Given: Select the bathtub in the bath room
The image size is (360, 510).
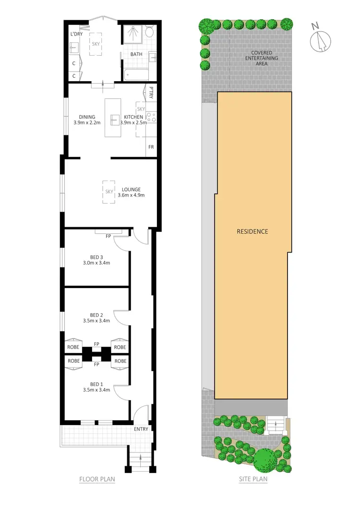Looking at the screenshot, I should [136, 75].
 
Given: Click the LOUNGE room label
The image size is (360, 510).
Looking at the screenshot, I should [131, 189].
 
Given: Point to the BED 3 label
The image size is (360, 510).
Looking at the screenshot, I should [96, 256].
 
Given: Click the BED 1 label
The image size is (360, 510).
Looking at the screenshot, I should [96, 384].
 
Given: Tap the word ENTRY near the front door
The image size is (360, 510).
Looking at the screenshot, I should [141, 429].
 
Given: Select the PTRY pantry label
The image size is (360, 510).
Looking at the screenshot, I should [151, 92].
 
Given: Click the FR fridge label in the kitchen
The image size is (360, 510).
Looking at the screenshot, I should [151, 147].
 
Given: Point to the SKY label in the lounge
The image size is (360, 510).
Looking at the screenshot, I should [109, 191].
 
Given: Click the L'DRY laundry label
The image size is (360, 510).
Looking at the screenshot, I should [76, 34].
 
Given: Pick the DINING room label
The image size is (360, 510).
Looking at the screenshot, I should [87, 117].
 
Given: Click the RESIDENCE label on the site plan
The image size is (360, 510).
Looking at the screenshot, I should [252, 231].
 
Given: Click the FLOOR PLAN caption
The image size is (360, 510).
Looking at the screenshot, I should [97, 479].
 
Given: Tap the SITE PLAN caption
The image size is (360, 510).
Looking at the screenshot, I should [253, 479].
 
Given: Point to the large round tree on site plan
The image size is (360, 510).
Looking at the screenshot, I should [266, 460].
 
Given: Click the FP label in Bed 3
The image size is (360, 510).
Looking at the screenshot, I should [108, 236].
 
